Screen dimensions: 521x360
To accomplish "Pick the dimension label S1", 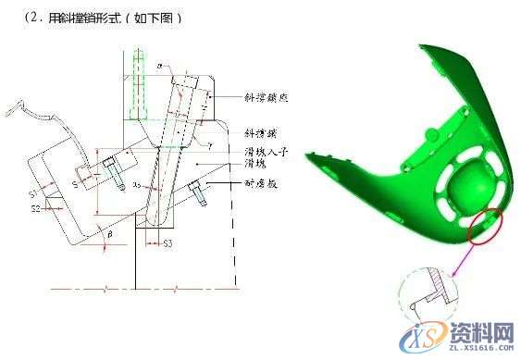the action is point(34,194).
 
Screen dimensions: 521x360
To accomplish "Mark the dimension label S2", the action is point(35,210).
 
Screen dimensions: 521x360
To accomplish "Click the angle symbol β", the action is point(111,236).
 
